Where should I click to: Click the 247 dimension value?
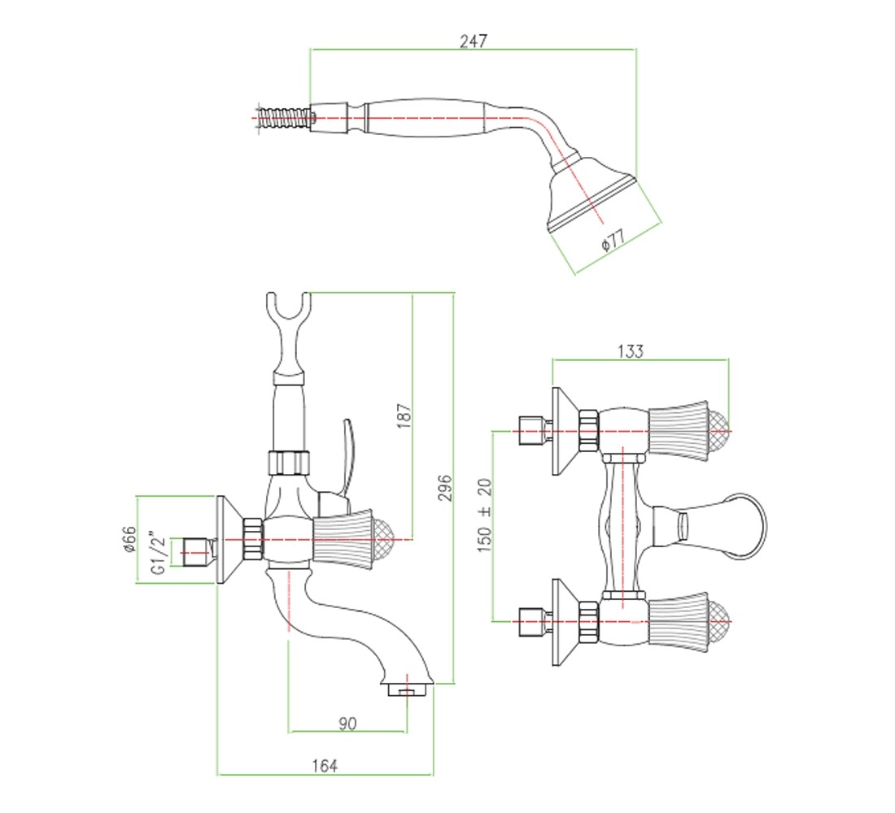tap(474, 41)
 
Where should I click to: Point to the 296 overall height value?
tap(444, 487)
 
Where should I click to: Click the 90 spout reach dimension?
tap(347, 724)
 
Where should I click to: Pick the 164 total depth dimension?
tap(324, 766)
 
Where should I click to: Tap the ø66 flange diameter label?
tap(129, 538)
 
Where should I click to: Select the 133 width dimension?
tap(630, 351)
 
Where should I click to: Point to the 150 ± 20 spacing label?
tap(484, 515)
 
